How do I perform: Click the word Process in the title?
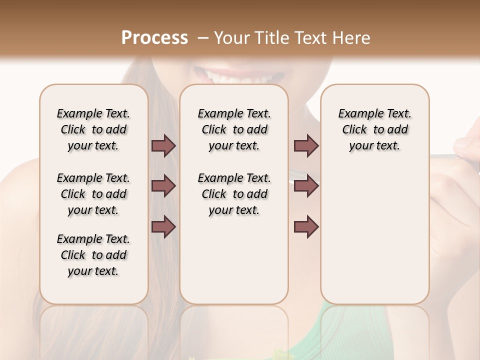click(x=154, y=38)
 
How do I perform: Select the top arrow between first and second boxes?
click(x=163, y=146)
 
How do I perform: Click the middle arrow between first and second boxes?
click(x=163, y=186)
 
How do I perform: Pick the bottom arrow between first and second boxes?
click(x=163, y=226)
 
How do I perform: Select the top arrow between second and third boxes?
click(x=306, y=146)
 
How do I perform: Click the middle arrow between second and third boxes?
click(x=306, y=186)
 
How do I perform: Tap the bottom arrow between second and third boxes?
click(x=306, y=226)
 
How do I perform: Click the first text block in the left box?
click(x=93, y=129)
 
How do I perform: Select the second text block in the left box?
click(x=93, y=194)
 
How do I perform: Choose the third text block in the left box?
click(x=93, y=255)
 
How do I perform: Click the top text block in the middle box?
click(x=234, y=129)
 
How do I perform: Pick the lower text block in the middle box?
click(x=234, y=194)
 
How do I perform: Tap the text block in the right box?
click(x=374, y=129)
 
